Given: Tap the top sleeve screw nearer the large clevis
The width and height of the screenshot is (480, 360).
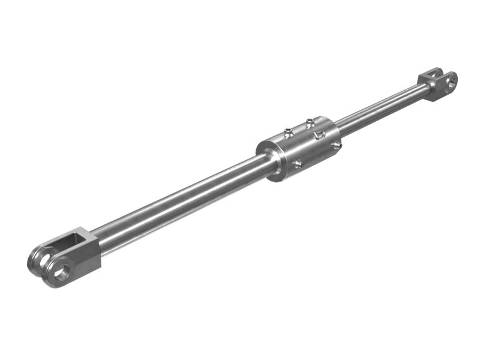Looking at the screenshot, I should pyautogui.click(x=289, y=130).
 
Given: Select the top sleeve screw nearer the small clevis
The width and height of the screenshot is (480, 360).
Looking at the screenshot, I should pyautogui.click(x=309, y=122).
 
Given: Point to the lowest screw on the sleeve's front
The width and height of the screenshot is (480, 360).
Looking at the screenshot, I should pyautogui.click(x=298, y=163).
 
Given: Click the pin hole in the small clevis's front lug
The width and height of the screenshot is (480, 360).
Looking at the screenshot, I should pyautogui.click(x=450, y=82).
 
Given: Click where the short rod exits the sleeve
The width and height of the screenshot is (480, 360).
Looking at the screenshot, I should pyautogui.click(x=339, y=127).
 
